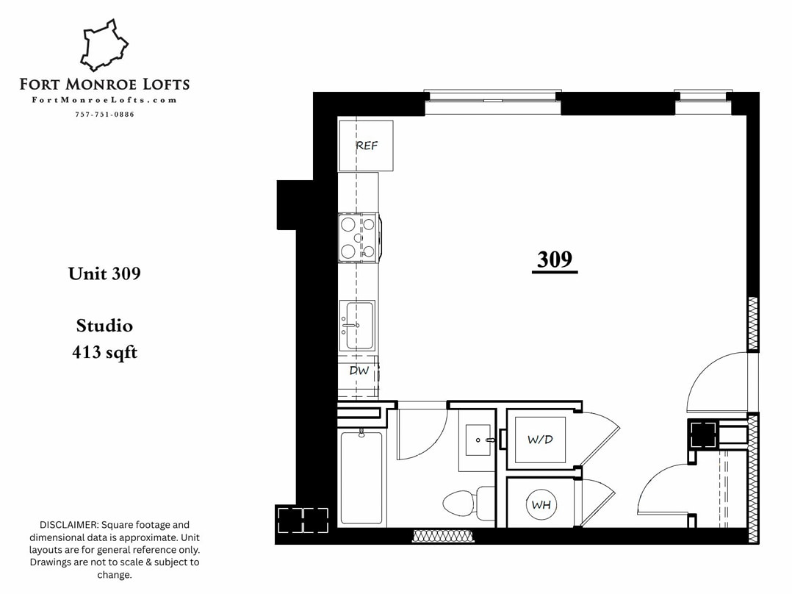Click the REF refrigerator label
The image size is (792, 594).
point(367,146)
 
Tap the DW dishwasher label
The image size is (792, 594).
point(359,371)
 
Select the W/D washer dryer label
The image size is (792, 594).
point(539,440)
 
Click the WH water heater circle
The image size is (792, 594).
point(541,505)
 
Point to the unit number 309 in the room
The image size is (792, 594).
point(554,260)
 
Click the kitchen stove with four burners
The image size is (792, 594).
point(358,237)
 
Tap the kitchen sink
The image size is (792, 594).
point(358,325)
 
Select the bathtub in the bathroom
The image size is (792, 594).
point(361,477)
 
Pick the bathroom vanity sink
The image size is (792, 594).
point(478,440)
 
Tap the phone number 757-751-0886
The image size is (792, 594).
point(104,115)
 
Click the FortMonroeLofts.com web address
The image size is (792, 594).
point(104,101)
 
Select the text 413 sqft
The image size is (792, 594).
point(104,353)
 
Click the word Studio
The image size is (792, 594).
point(104,325)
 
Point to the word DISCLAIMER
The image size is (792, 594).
point(69,525)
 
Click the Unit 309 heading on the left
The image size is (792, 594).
point(104,273)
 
